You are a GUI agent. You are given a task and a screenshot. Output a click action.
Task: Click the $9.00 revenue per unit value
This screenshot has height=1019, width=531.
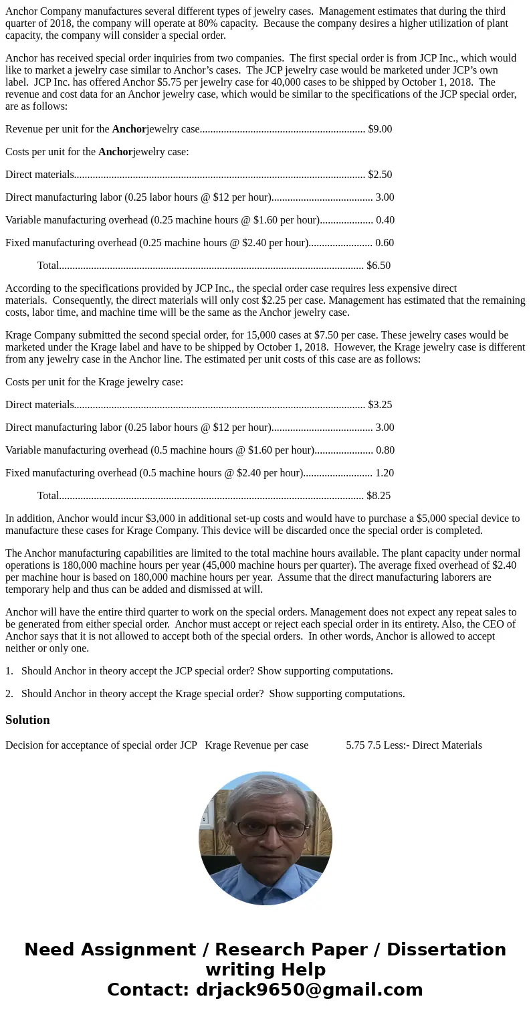click(x=380, y=129)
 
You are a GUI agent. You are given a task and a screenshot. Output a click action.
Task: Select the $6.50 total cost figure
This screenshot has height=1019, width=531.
click(x=379, y=266)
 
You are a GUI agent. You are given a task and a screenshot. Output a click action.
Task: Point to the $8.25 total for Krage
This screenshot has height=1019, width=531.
click(x=379, y=496)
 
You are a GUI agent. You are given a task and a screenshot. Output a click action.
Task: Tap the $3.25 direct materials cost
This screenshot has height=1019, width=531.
click(x=380, y=405)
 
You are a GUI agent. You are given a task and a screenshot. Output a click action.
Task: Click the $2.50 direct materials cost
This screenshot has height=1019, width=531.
click(x=380, y=175)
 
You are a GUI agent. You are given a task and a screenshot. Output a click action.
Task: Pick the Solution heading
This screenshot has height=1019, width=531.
click(x=27, y=720)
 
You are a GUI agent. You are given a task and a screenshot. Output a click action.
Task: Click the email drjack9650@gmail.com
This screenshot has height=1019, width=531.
click(x=309, y=990)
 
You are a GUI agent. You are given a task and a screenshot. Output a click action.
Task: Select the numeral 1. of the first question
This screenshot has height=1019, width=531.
click(x=9, y=671)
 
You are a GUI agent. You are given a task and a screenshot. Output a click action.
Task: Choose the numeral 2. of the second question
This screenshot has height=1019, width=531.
click(x=9, y=694)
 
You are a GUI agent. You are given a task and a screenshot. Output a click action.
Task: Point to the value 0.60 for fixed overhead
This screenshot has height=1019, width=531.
click(x=385, y=243)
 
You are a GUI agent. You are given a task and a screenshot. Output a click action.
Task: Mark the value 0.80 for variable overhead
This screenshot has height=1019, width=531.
click(x=385, y=450)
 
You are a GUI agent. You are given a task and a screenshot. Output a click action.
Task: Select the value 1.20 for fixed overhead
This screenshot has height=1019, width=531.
click(x=385, y=473)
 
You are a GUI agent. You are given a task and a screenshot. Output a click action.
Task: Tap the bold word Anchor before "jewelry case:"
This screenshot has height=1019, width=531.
click(x=115, y=152)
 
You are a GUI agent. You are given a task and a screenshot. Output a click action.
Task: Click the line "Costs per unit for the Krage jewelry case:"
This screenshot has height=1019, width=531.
click(x=94, y=382)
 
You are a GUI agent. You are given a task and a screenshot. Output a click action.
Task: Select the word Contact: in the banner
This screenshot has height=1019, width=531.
click(x=148, y=990)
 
